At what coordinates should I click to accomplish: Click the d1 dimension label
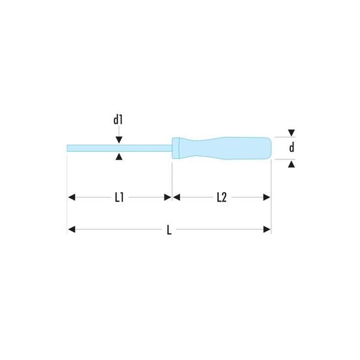coord(118,120)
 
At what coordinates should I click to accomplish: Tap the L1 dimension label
coord(119,197)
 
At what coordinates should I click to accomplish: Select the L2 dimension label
coord(222,197)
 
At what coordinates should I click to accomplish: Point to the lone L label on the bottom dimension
coord(169,230)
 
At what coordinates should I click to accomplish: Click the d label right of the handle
coord(292,148)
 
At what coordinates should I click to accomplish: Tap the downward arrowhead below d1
coord(119,140)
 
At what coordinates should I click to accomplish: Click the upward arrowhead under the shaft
coord(119,157)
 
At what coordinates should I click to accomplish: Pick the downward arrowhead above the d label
coord(292,133)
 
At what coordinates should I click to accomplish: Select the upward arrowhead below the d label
coord(292,164)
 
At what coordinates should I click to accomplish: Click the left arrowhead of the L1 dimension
coord(71,197)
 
